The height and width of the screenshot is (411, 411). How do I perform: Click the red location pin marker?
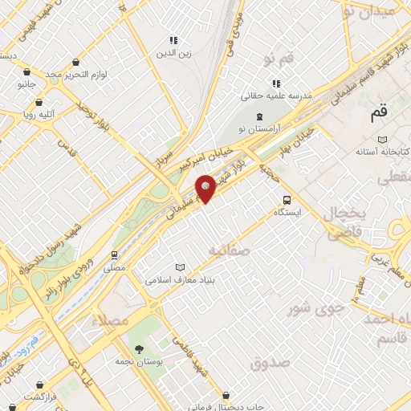pos(205,188)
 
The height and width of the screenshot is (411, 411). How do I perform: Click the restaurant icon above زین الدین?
pos(173,41)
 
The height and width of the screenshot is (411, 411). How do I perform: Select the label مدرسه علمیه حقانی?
pos(275,96)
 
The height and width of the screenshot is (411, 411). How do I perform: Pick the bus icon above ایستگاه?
pos(286,201)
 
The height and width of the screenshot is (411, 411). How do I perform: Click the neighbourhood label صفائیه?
pos(230,251)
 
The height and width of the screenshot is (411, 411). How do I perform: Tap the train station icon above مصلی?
pos(115,255)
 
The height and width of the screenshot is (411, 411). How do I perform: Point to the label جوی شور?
pos(310,307)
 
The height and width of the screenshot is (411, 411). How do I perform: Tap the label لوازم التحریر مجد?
pos(75,74)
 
